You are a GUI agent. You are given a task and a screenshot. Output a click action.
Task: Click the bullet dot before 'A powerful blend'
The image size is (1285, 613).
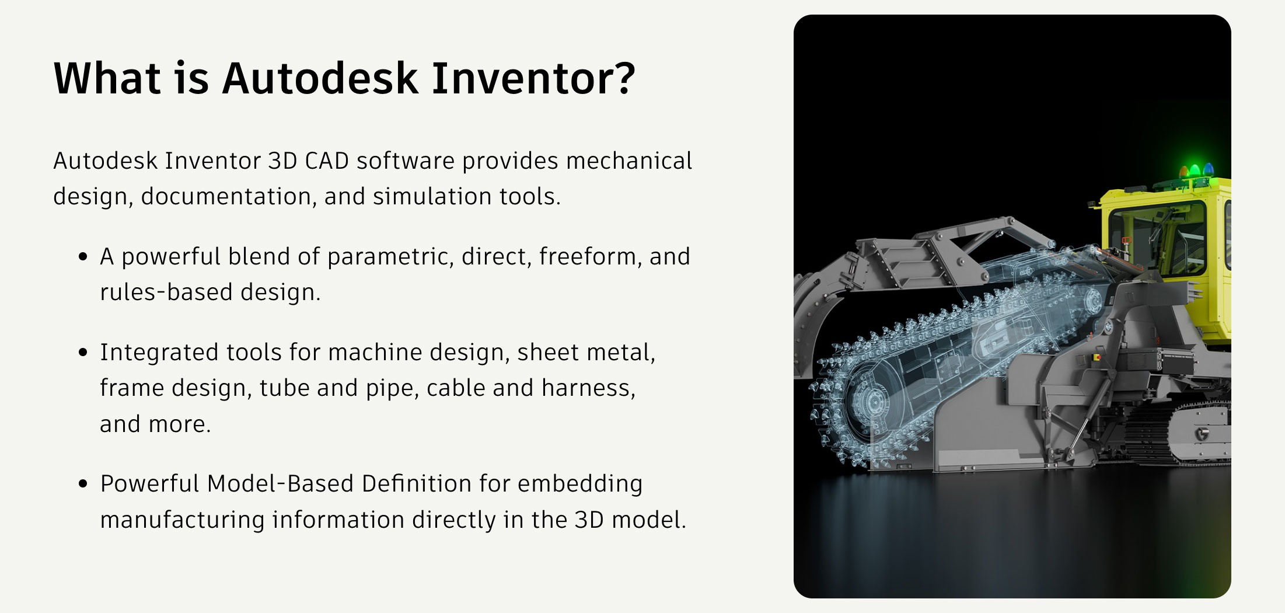[83, 256]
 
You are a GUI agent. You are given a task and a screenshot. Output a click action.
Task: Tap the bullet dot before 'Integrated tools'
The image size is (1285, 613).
[83, 352]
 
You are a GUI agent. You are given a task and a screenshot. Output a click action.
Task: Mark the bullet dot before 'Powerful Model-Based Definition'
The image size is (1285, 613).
[83, 483]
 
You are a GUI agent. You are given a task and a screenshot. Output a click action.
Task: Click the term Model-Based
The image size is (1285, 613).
[280, 483]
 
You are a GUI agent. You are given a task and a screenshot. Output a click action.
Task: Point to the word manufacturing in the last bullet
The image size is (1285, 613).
[182, 520]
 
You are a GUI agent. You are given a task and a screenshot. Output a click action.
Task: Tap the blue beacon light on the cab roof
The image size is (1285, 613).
[1208, 170]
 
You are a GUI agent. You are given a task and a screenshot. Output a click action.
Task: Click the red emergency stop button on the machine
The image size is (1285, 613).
[1097, 357]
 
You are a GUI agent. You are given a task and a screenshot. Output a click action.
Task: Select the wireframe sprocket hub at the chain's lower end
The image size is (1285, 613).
[874, 402]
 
